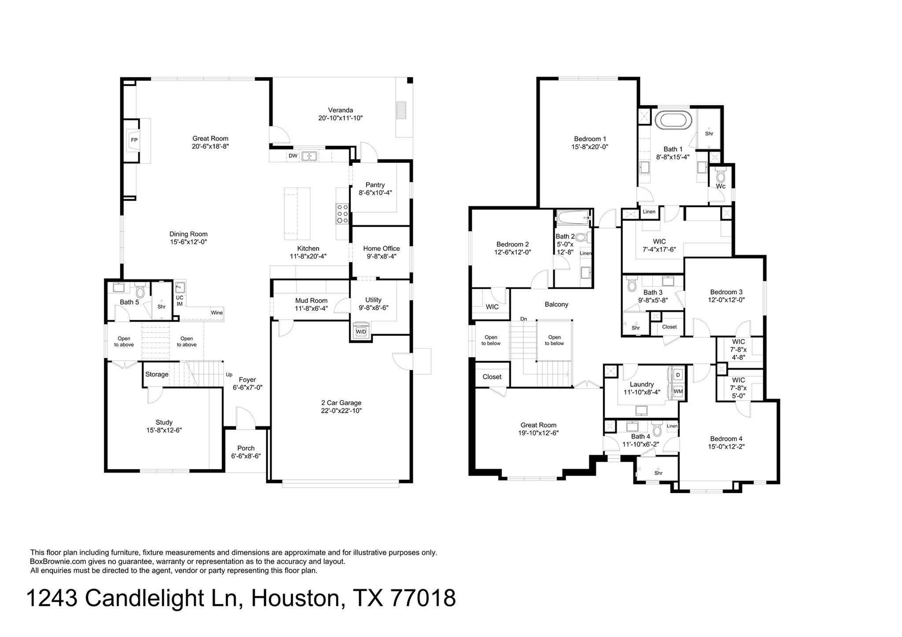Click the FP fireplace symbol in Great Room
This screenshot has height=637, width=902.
point(134,140)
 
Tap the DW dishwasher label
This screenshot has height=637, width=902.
point(293,156)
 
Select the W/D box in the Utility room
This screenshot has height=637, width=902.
point(361,331)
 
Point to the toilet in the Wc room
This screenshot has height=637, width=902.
point(721,176)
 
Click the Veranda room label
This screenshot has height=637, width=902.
point(340,110)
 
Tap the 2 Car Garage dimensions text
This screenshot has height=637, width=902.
point(341,411)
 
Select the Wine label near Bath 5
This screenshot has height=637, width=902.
point(217,313)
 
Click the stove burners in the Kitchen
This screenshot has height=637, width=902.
point(342,214)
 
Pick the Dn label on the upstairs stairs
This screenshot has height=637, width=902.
point(523,319)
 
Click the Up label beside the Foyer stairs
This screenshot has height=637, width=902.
point(229,375)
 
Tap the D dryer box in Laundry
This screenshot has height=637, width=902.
point(678,375)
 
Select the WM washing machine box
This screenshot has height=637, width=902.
point(678,391)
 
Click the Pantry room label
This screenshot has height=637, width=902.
point(375,185)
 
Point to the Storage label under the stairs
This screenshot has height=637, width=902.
point(157,374)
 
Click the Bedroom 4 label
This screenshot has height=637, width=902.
point(726,438)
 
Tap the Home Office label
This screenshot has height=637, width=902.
point(381,248)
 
